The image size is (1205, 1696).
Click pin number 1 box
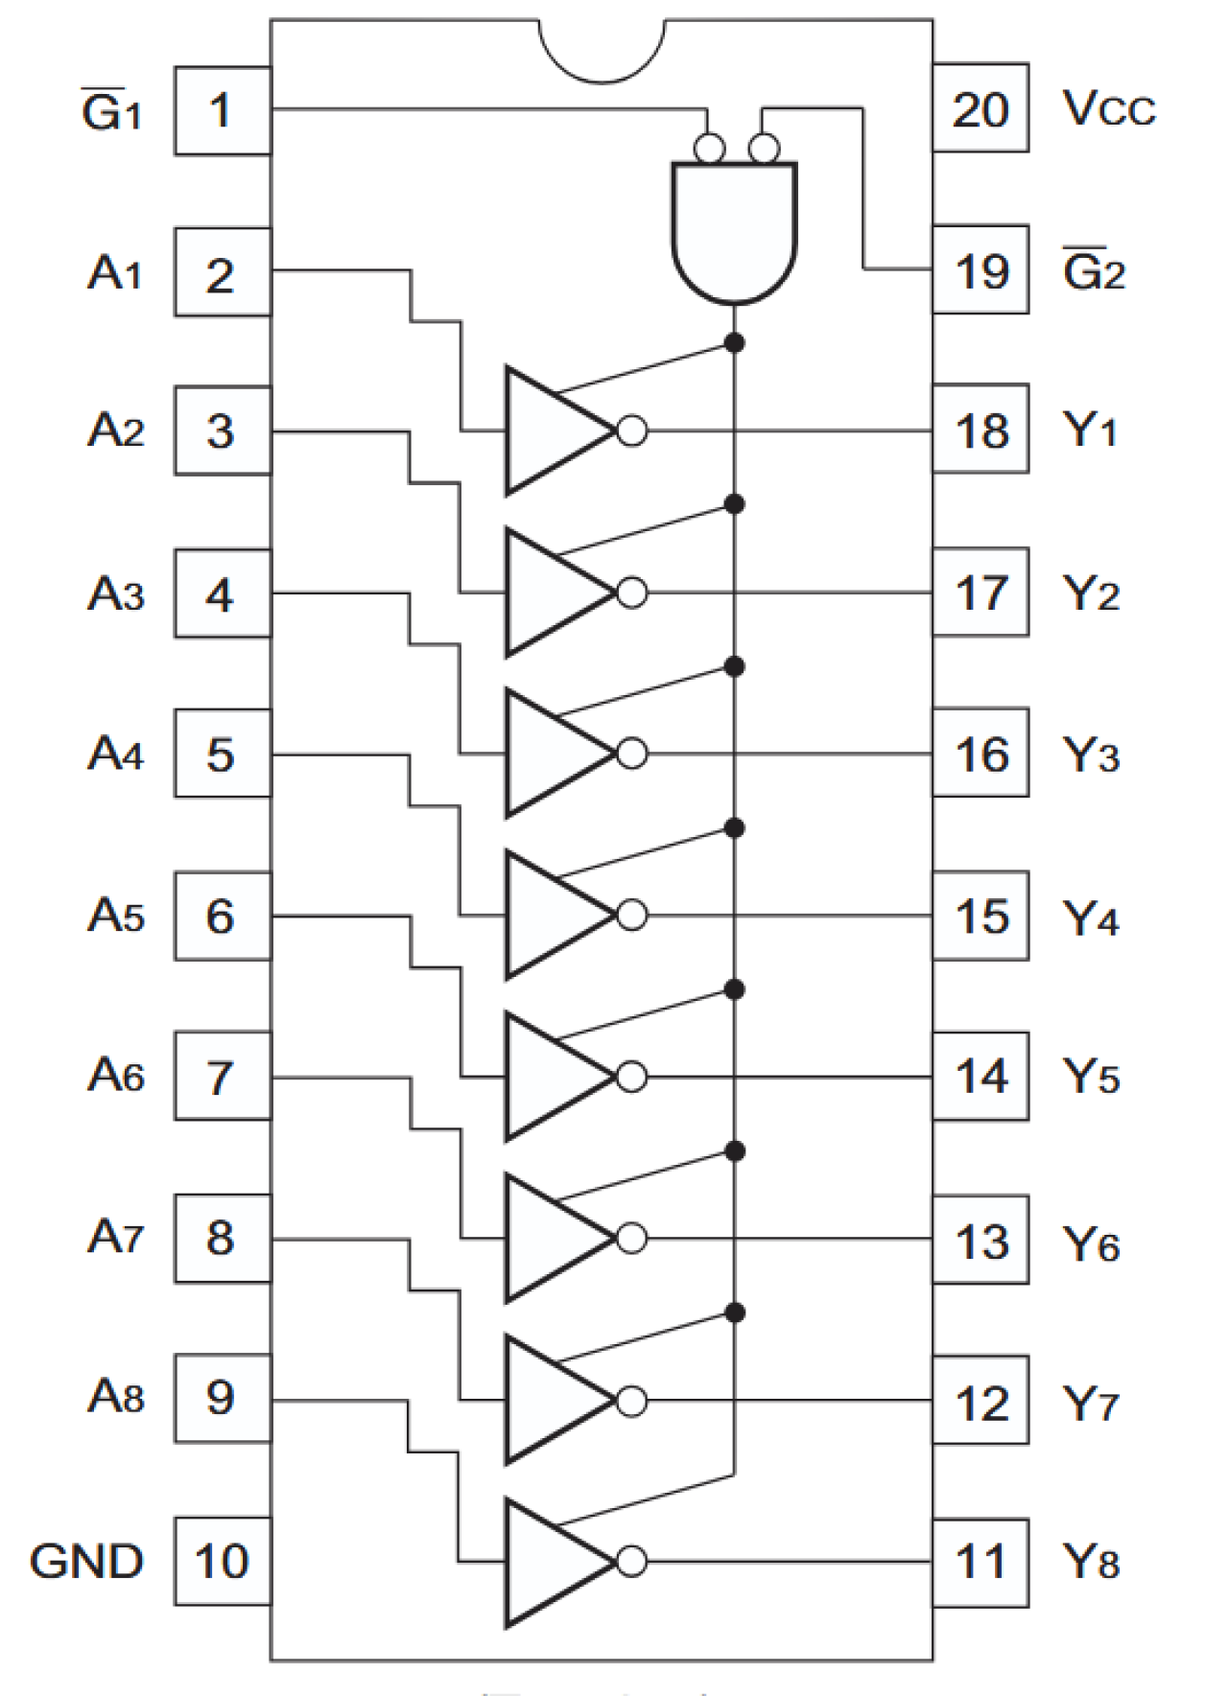222,111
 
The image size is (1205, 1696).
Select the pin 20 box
980,108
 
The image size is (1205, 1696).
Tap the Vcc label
1108,108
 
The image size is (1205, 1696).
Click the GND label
86,1561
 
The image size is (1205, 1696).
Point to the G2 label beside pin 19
1094,272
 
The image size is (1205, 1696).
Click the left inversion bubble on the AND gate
710,149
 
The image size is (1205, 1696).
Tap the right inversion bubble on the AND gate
764,149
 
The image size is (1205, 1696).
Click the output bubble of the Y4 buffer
631,916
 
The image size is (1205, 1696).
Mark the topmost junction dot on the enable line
735,342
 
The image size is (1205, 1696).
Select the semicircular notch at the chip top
602,48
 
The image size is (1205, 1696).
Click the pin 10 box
222,1561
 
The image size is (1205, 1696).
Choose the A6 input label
116,1076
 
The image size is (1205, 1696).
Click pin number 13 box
980,1241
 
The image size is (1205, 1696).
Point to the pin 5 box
222,755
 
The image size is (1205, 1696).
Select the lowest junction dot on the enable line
735,1313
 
